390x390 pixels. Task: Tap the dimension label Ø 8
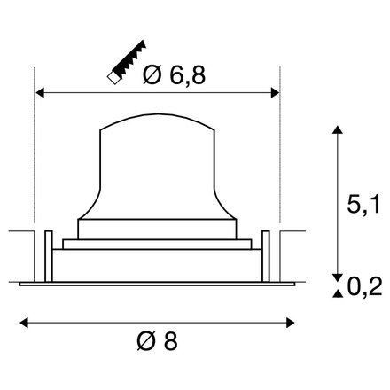pos(157,339)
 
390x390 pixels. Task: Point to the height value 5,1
pos(363,207)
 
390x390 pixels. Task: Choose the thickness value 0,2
pos(364,285)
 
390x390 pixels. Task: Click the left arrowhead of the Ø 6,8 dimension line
pos(39,91)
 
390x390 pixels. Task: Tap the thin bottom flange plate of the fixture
pos(157,284)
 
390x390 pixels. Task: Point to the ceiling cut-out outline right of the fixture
pos(292,232)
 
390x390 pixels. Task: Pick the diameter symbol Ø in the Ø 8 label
pos(147,339)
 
